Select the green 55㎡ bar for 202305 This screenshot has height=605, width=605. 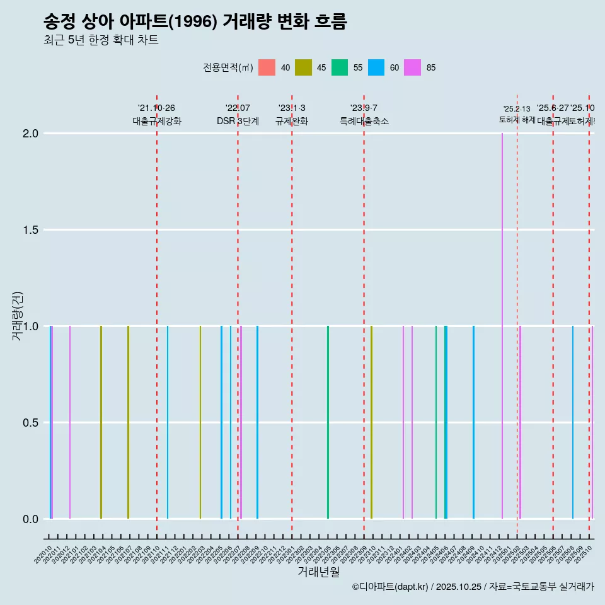click(x=328, y=422)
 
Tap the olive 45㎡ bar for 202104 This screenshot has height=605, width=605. click(x=101, y=422)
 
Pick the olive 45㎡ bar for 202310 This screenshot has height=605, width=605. click(x=372, y=422)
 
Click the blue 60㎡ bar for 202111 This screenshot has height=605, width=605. click(x=168, y=422)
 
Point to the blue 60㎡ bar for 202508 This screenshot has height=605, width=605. click(x=573, y=422)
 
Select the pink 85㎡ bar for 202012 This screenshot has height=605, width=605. click(x=70, y=422)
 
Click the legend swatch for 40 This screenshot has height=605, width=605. click(x=267, y=67)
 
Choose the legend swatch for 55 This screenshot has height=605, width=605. click(x=340, y=67)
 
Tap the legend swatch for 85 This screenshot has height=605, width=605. click(x=413, y=67)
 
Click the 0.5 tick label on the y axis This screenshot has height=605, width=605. click(x=30, y=423)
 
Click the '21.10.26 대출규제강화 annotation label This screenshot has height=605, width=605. click(x=157, y=115)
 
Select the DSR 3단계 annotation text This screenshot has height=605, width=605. click(x=238, y=122)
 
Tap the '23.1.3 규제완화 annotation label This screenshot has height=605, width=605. click(x=292, y=115)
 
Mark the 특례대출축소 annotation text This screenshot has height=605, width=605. click(x=364, y=122)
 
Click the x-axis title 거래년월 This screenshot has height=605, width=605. click(x=318, y=572)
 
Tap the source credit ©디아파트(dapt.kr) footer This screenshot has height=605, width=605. click(x=473, y=587)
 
